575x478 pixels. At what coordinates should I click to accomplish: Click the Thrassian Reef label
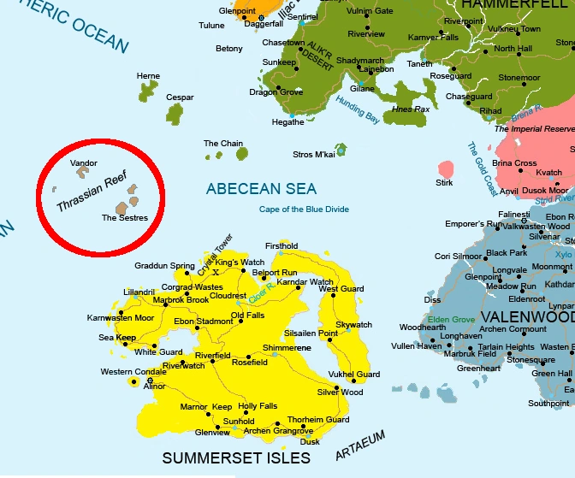point(86,193)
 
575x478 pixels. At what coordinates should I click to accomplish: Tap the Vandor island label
point(84,162)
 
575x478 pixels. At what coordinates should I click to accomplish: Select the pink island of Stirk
point(445,168)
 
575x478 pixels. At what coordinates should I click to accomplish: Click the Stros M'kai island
point(341,150)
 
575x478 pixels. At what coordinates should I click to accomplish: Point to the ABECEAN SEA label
point(261,189)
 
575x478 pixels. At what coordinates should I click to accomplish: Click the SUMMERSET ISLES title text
point(236,458)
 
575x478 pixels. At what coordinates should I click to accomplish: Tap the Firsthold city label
point(282,245)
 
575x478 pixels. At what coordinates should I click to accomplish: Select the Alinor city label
point(155,387)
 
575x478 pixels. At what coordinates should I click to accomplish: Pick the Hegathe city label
point(287,122)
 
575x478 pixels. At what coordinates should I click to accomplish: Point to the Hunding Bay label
point(357,112)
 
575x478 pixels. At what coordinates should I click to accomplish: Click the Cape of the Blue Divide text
point(304,209)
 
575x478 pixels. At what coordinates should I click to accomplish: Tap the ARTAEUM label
point(360,447)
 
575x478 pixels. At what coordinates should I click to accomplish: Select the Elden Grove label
point(452,320)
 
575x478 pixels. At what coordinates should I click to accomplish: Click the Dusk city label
point(310,441)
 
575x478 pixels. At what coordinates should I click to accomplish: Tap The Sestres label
point(125,218)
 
